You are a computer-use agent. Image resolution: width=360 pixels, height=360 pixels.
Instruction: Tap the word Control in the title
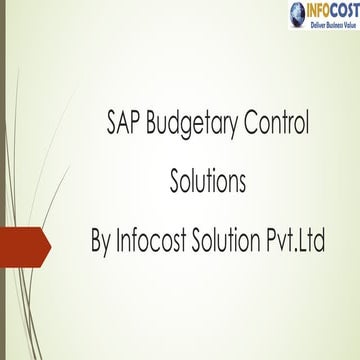pos(279,124)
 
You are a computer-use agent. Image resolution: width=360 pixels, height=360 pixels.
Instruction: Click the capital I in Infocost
pos(121,241)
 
